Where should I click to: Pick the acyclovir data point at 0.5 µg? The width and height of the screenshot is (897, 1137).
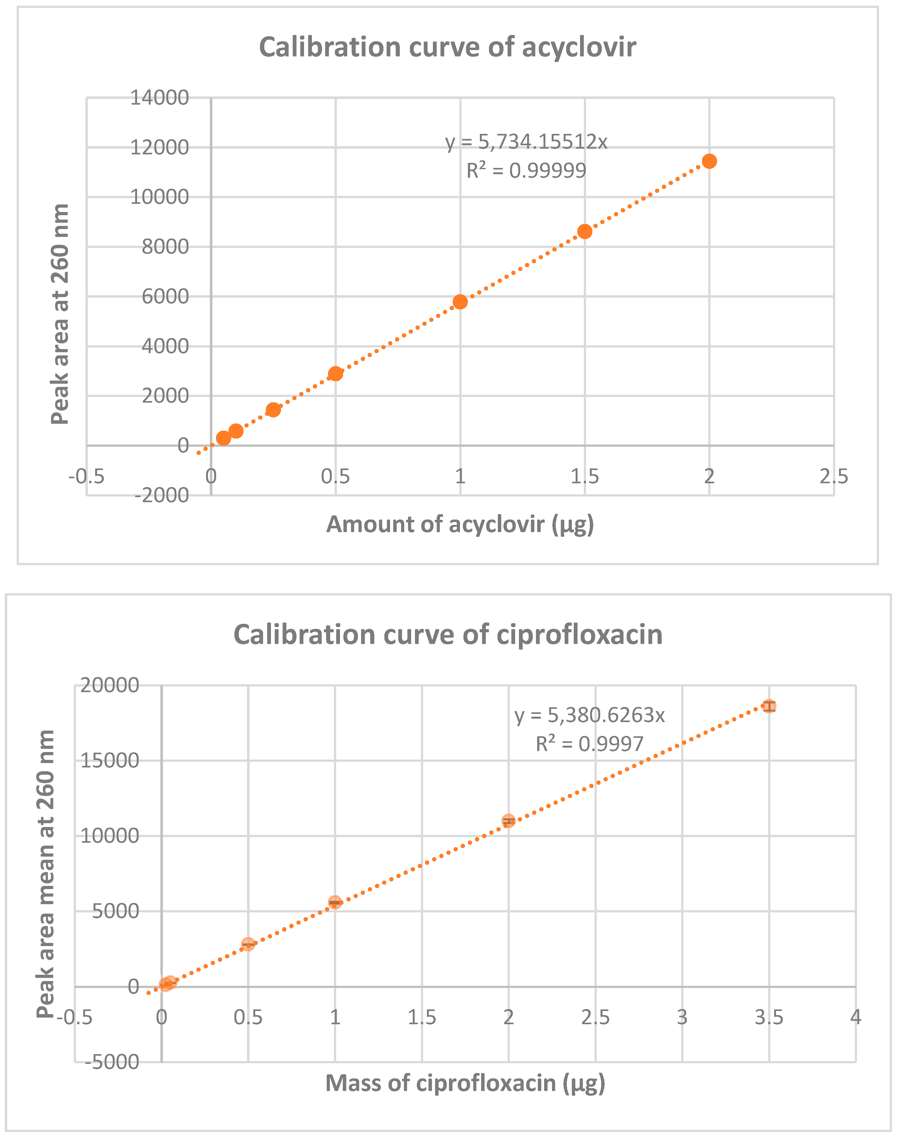tap(336, 373)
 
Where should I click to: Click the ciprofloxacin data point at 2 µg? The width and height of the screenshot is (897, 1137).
tap(509, 820)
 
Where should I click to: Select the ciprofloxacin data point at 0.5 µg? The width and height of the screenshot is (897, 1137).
tap(248, 944)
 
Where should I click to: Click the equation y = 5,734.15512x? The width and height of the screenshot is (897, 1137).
tap(526, 142)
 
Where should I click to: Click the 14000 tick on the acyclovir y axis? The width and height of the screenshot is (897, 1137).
tap(159, 98)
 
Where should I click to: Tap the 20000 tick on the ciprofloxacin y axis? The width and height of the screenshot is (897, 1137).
tap(109, 685)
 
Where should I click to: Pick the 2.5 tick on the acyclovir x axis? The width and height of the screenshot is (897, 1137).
tap(833, 476)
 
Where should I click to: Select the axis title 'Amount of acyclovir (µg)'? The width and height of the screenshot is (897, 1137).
tap(460, 525)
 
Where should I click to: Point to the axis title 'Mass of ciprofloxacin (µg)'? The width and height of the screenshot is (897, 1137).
tap(465, 1083)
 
